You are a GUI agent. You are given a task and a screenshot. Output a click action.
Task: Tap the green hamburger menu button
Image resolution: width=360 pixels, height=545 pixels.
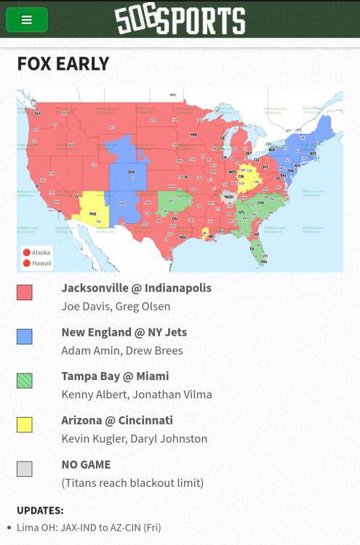click(27, 20)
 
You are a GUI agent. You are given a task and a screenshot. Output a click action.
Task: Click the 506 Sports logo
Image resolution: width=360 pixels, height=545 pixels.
click(180, 20)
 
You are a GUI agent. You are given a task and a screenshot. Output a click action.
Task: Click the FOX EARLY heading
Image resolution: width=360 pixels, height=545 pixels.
click(63, 64)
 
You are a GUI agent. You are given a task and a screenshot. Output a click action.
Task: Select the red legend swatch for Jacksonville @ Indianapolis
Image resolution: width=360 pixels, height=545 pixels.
click(25, 292)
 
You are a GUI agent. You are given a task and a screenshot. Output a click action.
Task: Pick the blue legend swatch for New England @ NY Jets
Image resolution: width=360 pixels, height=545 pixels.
click(25, 336)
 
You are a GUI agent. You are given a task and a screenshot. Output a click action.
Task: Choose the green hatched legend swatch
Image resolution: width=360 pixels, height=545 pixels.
click(25, 380)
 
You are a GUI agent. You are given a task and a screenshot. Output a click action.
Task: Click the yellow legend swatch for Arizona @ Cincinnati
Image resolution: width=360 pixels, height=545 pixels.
click(25, 424)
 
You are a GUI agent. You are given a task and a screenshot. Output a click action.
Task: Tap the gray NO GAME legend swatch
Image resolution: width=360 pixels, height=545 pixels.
click(25, 469)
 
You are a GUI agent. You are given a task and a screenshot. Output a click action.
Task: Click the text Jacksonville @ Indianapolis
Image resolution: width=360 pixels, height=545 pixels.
click(136, 288)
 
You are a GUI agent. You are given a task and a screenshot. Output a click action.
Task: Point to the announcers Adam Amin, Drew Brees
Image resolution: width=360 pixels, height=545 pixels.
click(122, 350)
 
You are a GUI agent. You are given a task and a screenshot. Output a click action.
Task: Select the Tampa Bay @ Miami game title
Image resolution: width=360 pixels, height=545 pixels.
click(115, 376)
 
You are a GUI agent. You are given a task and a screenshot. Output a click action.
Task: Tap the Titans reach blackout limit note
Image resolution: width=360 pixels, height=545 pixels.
click(132, 483)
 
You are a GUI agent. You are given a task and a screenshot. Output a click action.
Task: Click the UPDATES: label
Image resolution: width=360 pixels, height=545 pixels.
click(40, 510)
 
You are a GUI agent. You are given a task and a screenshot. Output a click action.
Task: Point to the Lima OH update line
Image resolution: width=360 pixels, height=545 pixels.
click(88, 528)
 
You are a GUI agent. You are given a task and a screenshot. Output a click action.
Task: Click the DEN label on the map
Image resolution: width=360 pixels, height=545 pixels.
click(131, 172)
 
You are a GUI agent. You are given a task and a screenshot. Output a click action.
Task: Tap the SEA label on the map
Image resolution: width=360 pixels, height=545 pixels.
click(38, 113)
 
